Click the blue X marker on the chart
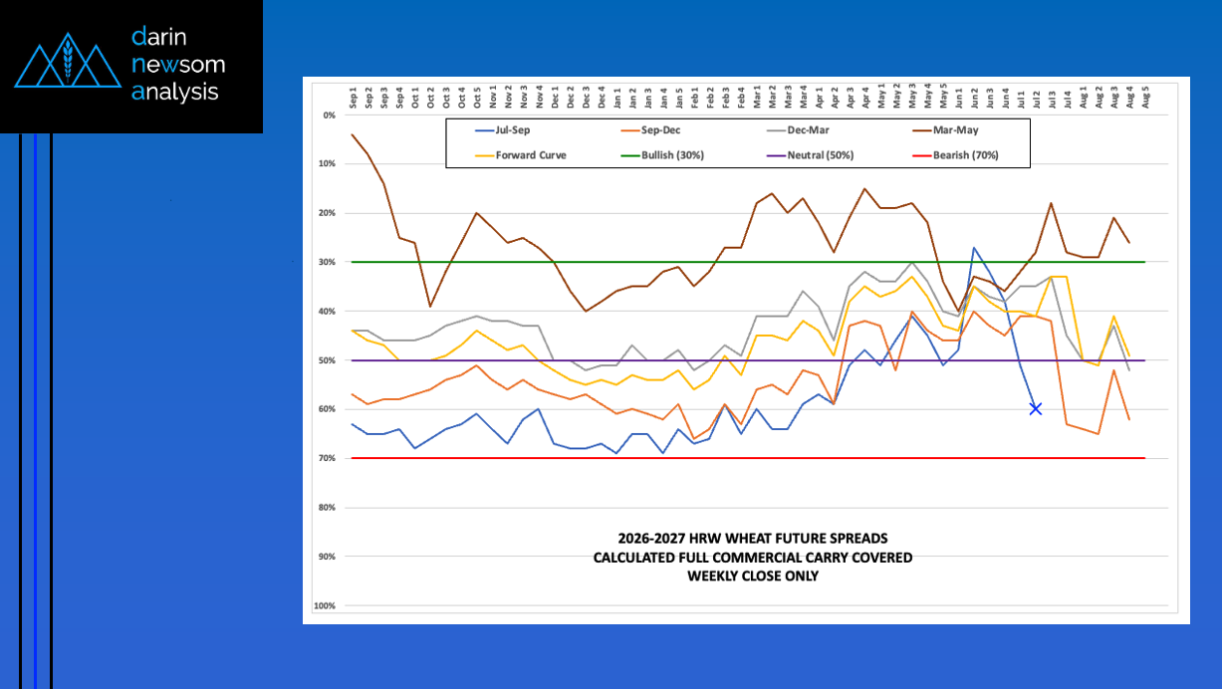pos(1036,408)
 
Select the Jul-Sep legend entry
pos(502,129)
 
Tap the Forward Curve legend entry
pos(521,155)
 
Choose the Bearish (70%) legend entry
pos(955,155)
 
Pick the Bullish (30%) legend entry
pos(662,155)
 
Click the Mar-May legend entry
pos(945,129)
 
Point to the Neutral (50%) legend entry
pos(810,155)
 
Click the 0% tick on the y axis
pos(330,115)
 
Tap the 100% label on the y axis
pos(325,605)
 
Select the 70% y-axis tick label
pos(328,458)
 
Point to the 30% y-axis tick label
pos(328,262)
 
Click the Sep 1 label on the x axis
pos(353,98)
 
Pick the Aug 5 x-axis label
pos(1145,98)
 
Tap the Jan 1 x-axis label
pos(617,98)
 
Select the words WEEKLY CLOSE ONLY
pos(753,576)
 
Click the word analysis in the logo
pos(175,93)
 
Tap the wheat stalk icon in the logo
pos(68,60)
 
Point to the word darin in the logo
pos(159,37)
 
